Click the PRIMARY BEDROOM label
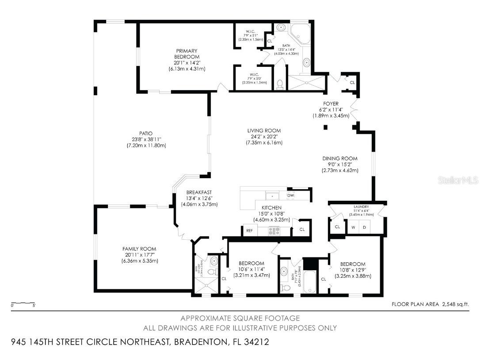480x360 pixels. [186, 54]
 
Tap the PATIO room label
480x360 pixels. [145, 133]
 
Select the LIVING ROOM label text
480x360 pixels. [264, 130]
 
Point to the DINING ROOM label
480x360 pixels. [339, 158]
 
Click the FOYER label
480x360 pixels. [331, 103]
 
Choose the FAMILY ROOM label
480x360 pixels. [139, 249]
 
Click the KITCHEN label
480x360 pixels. [271, 207]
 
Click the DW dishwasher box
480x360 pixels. [290, 195]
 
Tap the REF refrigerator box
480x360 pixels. [249, 230]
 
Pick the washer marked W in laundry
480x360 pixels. [353, 227]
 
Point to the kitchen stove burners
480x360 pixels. [273, 230]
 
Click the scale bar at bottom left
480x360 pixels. [23, 303]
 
